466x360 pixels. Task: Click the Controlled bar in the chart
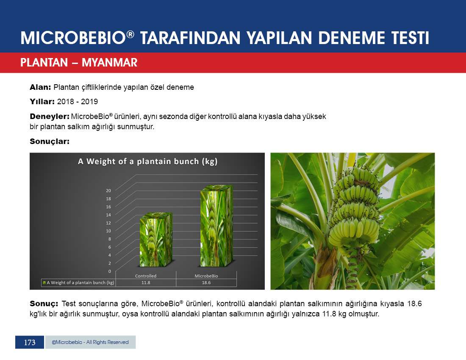(x=156, y=239)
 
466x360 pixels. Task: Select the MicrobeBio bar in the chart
(x=216, y=226)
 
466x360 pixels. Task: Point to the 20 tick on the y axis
(x=108, y=191)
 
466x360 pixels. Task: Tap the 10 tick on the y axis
(x=108, y=231)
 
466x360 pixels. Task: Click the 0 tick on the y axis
(x=110, y=271)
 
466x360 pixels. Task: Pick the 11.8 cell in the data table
(x=146, y=283)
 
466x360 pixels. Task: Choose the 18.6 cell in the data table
(x=206, y=283)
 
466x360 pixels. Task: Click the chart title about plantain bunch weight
(x=148, y=162)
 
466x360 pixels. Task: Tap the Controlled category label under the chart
(x=146, y=276)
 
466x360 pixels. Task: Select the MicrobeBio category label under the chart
(x=206, y=276)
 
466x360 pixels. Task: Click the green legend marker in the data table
(x=44, y=283)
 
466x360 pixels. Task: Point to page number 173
(x=29, y=342)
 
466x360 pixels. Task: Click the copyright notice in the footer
(x=90, y=342)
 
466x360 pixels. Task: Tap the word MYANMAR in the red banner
(x=109, y=63)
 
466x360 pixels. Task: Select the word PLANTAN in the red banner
(x=44, y=63)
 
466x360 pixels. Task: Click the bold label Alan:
(x=40, y=87)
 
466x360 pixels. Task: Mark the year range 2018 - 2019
(x=77, y=102)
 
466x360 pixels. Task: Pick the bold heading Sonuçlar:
(x=50, y=141)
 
